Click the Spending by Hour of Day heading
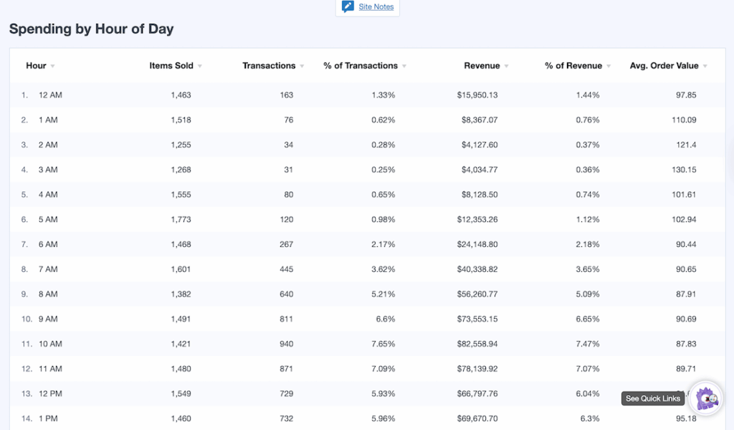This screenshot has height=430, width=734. tap(91, 29)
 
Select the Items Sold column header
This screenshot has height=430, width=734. tap(171, 66)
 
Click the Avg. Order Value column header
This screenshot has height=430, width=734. tap(664, 66)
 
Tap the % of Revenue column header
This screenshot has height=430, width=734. tap(573, 66)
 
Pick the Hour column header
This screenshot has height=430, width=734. tap(37, 66)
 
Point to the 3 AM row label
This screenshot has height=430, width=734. tap(48, 170)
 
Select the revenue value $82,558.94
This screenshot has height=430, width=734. tap(477, 345)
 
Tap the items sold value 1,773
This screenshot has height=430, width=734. tap(181, 220)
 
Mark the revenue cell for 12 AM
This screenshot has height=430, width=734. tap(477, 95)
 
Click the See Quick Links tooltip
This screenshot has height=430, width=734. tap(653, 399)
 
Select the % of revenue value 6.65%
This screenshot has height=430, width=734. tap(588, 319)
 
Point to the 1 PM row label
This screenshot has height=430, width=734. tap(48, 419)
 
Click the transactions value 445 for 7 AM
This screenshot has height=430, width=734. tap(285, 270)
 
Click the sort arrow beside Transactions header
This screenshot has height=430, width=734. tap(302, 67)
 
